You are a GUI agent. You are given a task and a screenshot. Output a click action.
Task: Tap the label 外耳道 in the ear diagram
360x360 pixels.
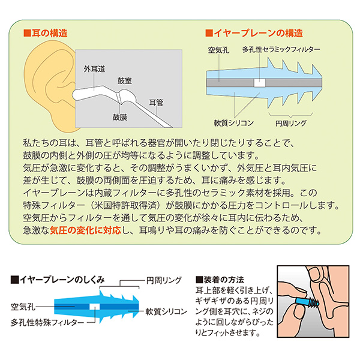[x=94, y=69]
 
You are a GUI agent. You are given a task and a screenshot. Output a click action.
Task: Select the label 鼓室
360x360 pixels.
[x=125, y=81]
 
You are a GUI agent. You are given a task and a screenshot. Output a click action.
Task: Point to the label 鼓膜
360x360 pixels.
[x=120, y=117]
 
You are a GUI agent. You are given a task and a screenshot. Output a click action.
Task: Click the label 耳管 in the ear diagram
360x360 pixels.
[x=157, y=102]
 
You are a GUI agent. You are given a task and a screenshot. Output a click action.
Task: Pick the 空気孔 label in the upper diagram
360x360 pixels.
[x=218, y=50]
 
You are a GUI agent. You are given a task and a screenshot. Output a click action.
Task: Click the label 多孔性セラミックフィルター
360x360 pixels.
[x=281, y=49]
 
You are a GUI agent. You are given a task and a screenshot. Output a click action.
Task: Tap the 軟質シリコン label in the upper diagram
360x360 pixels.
[x=234, y=123]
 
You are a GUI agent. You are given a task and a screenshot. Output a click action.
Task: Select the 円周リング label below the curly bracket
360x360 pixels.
[x=290, y=123]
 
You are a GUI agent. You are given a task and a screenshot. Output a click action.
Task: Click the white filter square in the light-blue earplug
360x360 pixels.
[x=260, y=83]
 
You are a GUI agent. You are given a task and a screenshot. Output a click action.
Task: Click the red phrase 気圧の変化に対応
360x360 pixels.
[x=85, y=230]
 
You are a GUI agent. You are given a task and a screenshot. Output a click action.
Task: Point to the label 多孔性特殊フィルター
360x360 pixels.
[x=47, y=323]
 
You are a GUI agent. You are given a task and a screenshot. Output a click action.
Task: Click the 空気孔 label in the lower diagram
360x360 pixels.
[x=23, y=307]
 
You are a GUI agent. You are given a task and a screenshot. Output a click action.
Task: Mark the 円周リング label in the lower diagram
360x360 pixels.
[x=164, y=280]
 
